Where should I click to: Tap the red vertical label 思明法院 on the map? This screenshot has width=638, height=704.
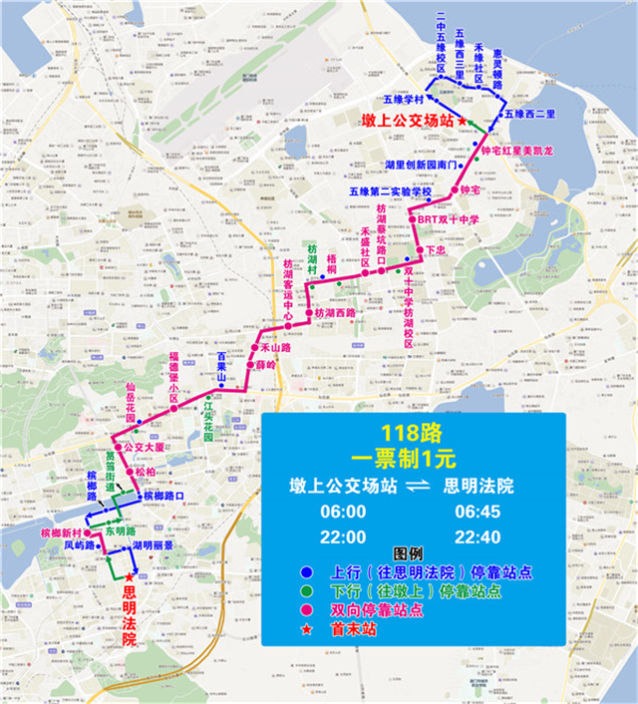point(128,616)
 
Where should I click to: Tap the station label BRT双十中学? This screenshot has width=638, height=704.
point(449,219)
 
